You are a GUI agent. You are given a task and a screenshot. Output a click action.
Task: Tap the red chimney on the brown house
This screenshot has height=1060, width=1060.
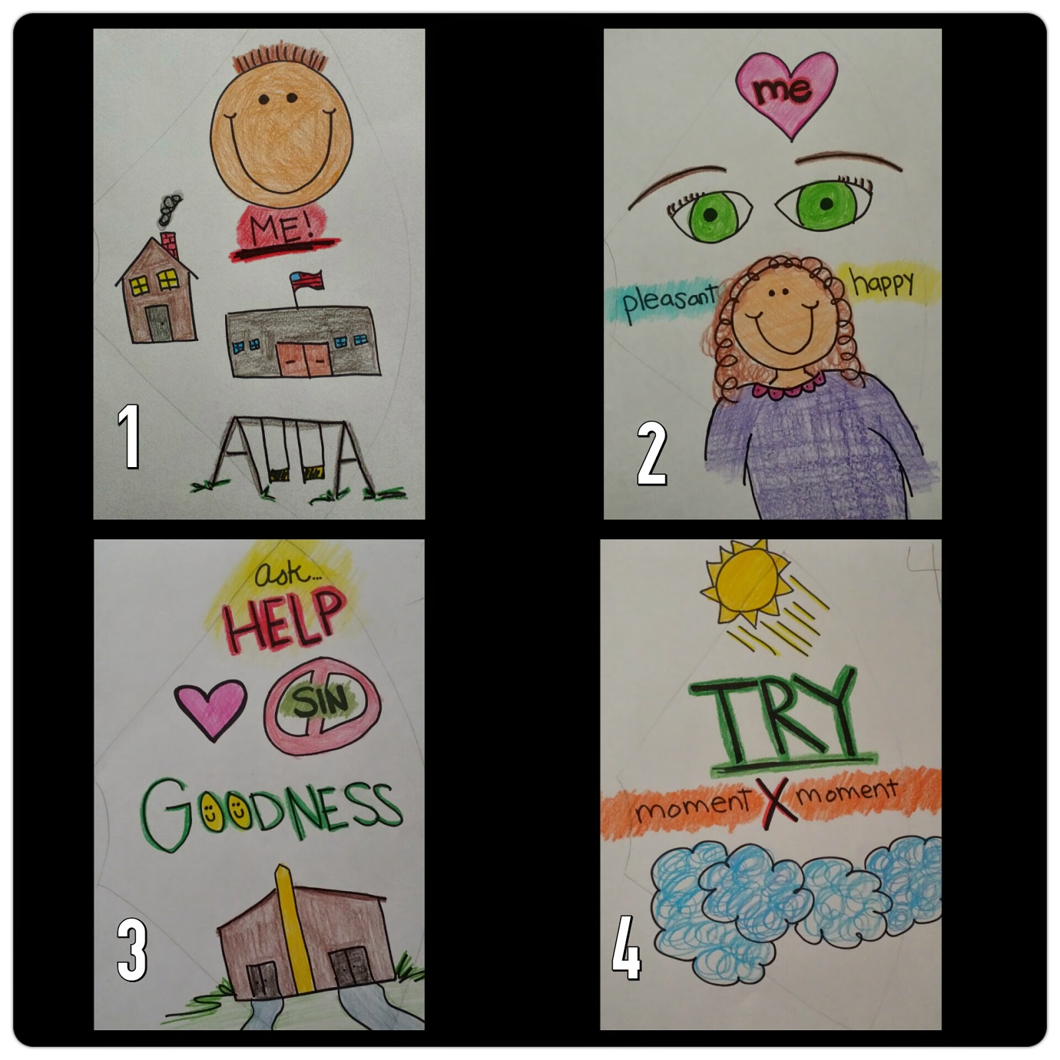(x=170, y=244)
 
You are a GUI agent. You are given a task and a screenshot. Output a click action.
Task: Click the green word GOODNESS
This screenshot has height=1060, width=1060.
(x=272, y=811)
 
